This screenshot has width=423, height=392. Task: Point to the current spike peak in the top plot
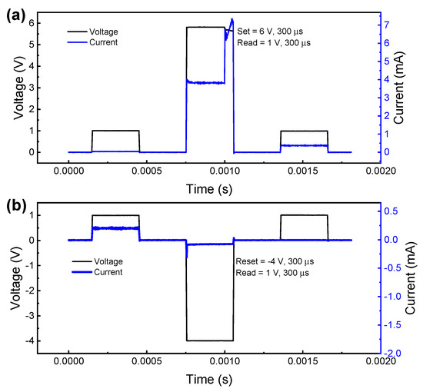tap(232, 18)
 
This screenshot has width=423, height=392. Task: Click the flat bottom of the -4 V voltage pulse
tap(209, 341)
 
